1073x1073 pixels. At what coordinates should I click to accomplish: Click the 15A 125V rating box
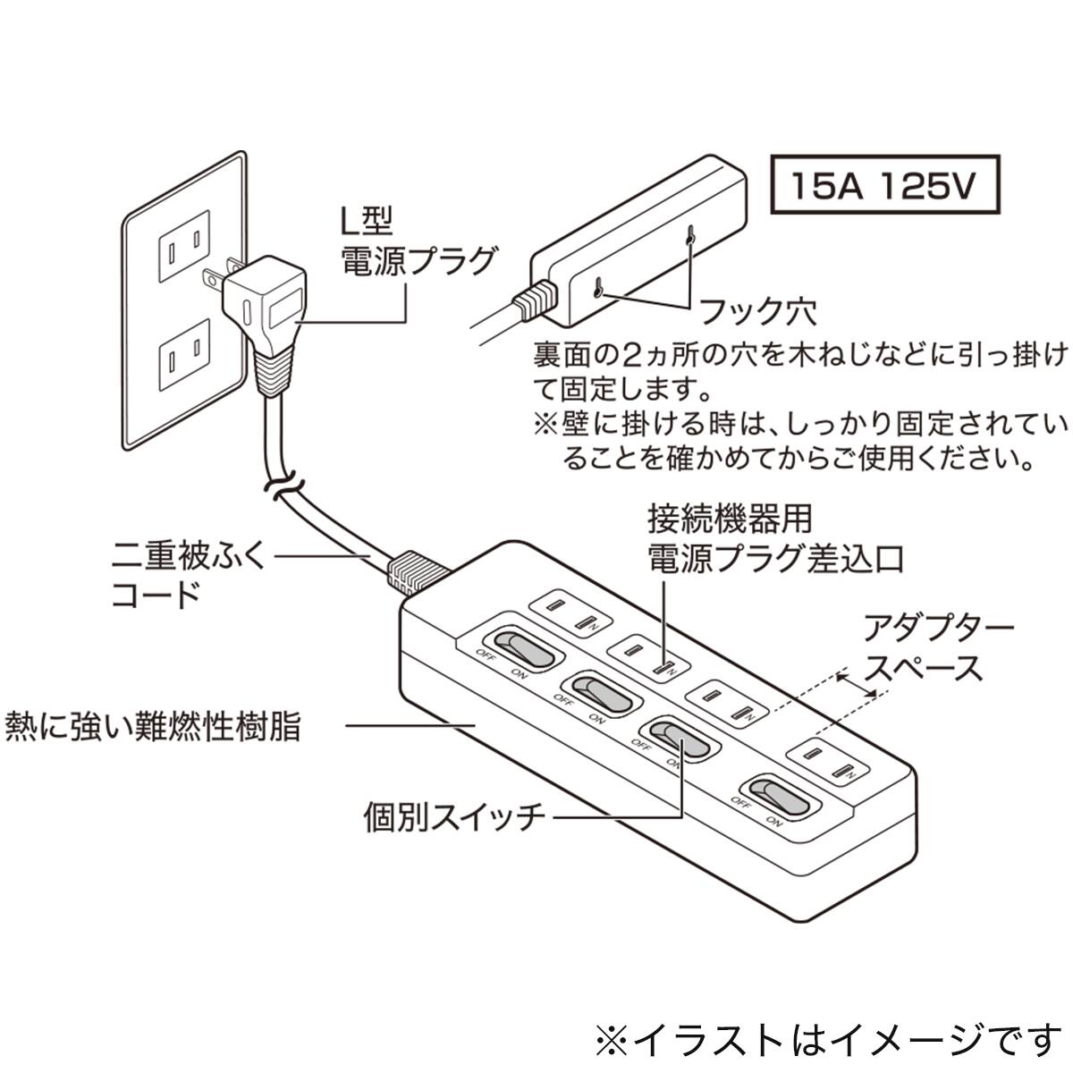883,186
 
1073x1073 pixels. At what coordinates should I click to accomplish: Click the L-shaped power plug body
265,304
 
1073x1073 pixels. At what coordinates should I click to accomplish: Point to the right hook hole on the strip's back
690,237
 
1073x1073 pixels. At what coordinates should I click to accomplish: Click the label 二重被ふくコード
188,576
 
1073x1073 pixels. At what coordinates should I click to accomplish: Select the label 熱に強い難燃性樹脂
152,725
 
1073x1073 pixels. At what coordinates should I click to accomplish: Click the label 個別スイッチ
454,816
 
